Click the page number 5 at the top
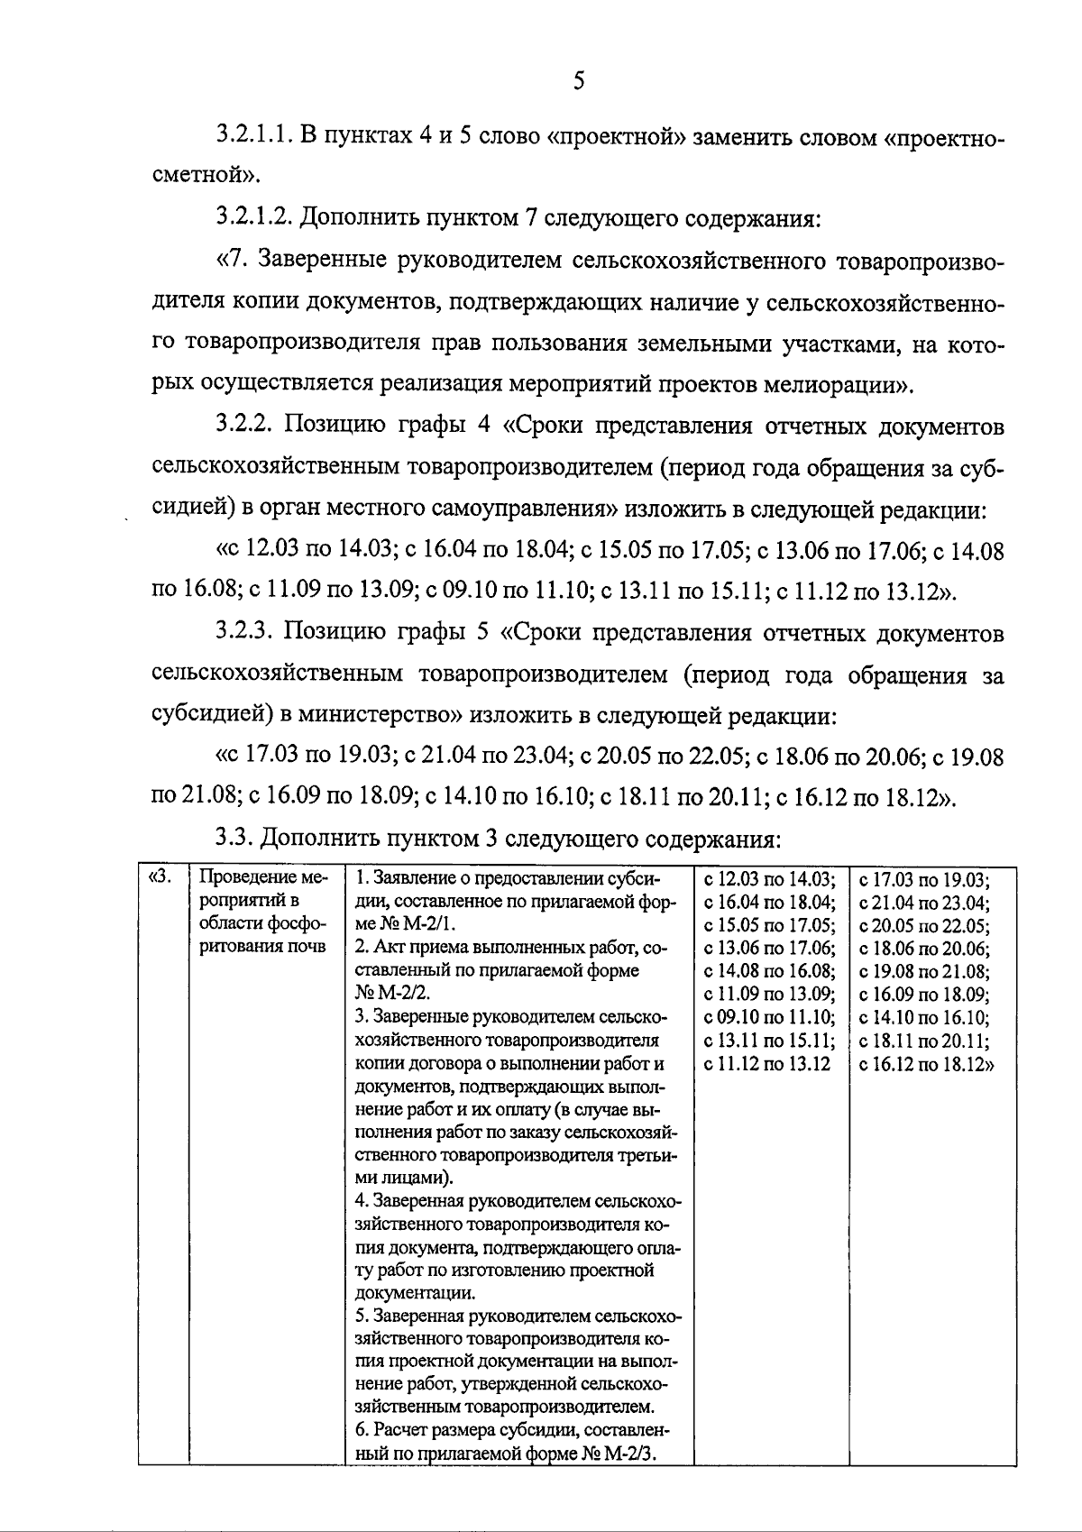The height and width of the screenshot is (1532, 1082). tap(579, 81)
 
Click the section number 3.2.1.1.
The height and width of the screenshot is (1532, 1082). tap(256, 139)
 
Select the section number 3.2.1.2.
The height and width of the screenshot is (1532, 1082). tap(256, 217)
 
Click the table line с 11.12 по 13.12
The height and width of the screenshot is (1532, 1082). tap(766, 1065)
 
